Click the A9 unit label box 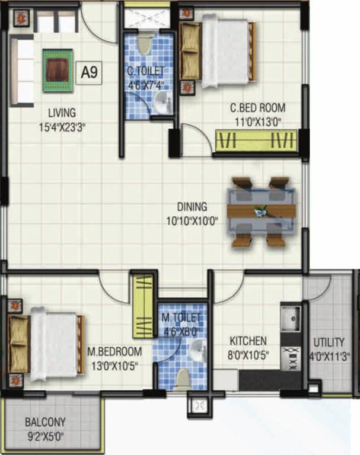tap(90, 73)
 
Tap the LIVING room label tap(62, 112)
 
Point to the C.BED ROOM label tap(257, 108)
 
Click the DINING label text tap(192, 207)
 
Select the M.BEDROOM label tap(114, 351)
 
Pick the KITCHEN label tap(247, 342)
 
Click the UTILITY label tap(329, 342)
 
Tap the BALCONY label tap(45, 423)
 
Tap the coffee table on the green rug tap(58, 70)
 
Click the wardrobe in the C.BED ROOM tap(256, 142)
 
